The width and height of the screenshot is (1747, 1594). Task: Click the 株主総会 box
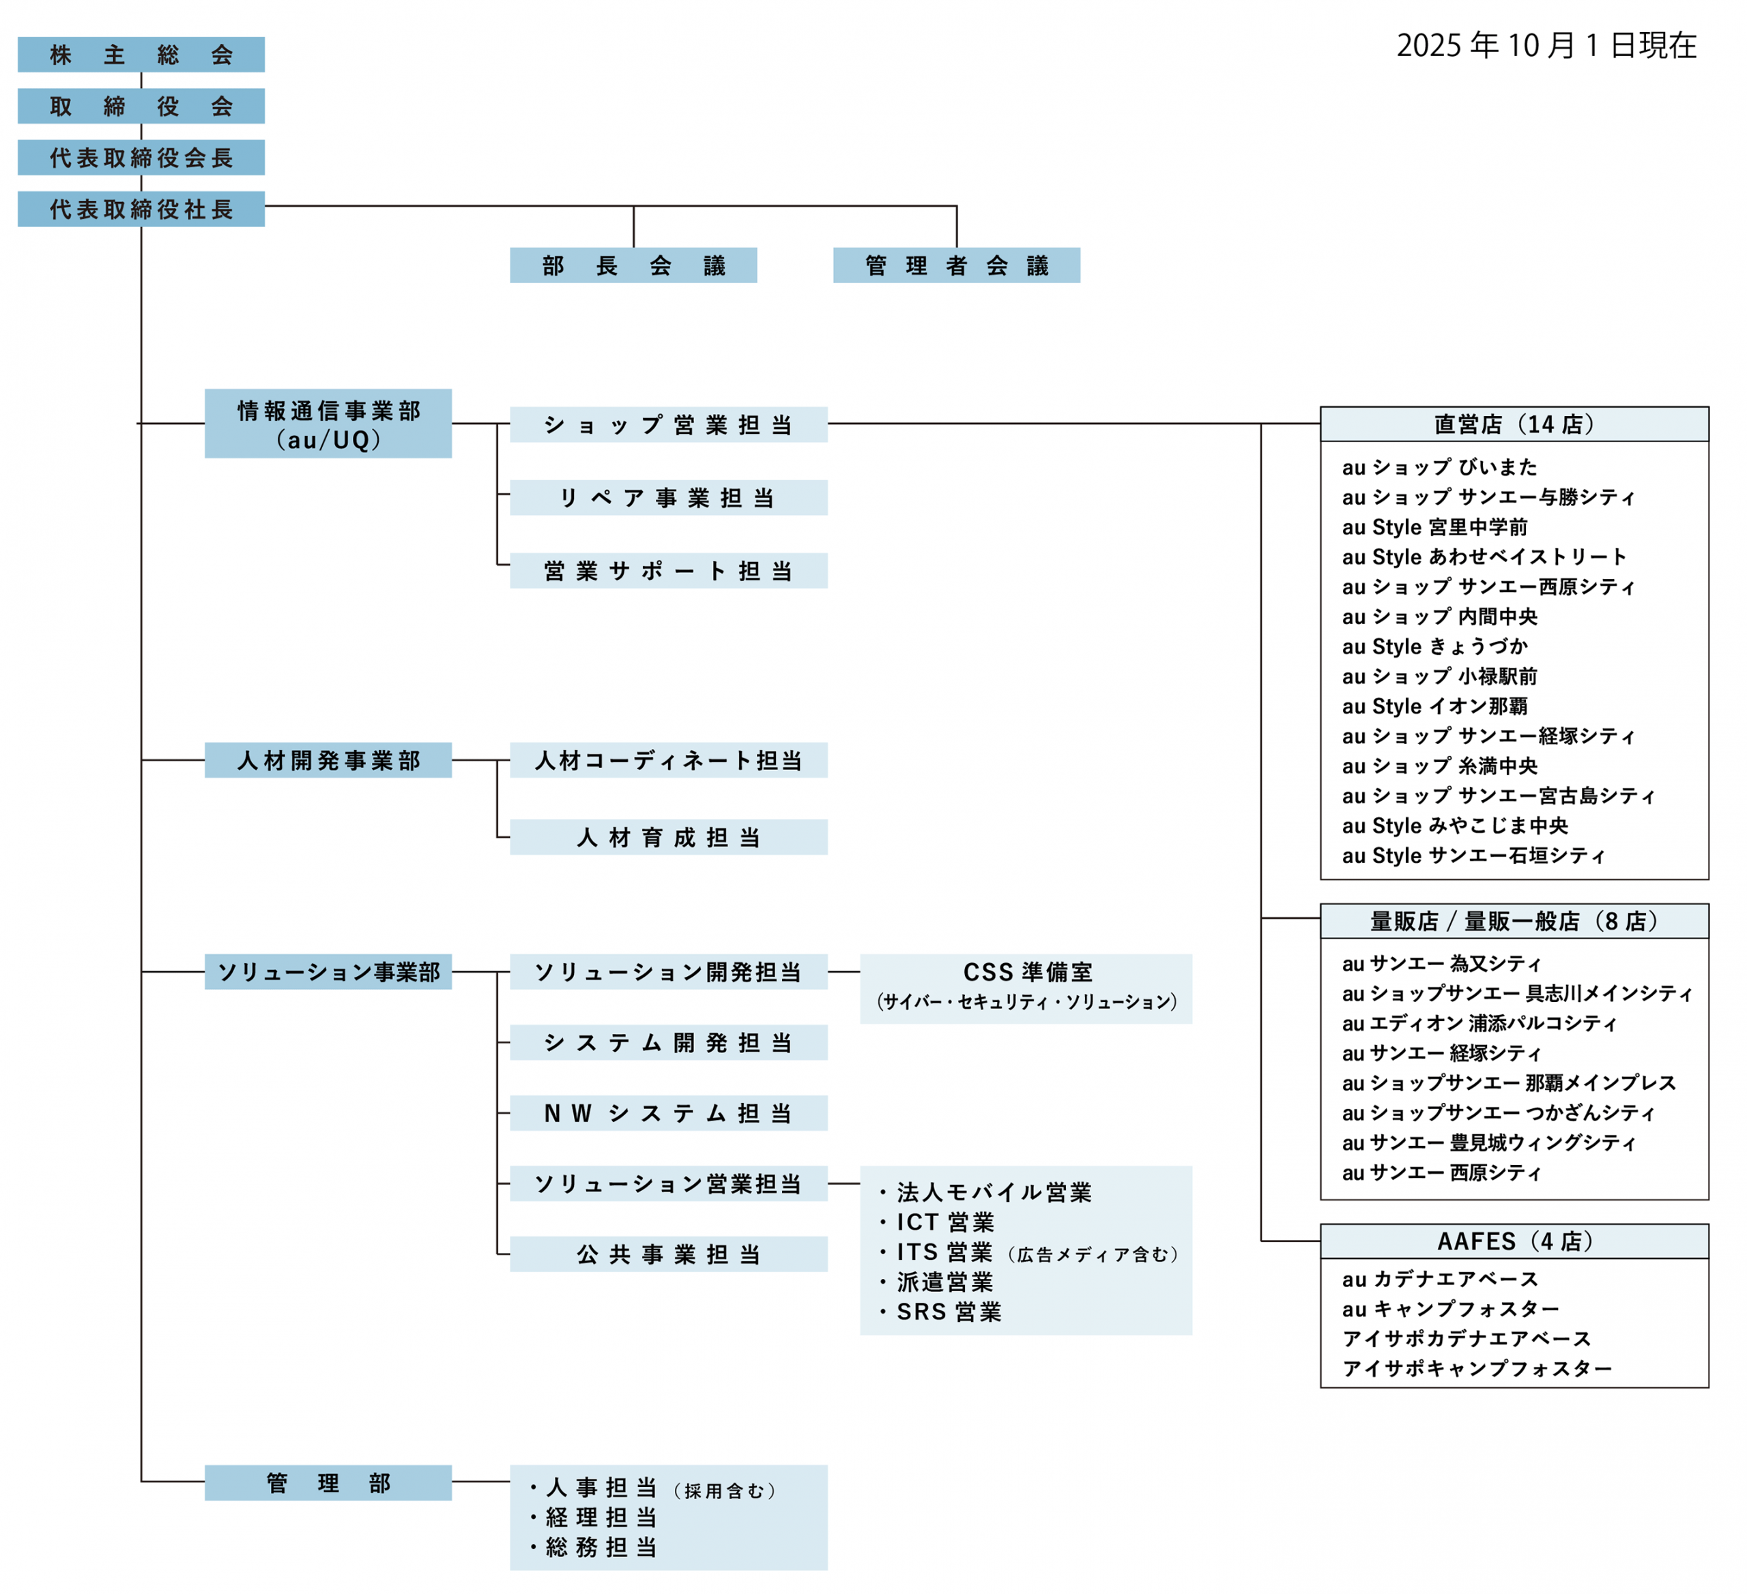141,55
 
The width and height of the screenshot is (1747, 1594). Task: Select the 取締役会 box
141,106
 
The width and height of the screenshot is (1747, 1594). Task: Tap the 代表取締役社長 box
141,209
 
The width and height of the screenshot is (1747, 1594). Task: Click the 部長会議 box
633,265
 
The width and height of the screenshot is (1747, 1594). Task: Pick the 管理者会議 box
956,265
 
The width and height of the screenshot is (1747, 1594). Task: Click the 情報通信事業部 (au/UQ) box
328,424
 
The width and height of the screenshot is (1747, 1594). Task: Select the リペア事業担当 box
668,498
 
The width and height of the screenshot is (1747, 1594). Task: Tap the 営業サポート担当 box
668,571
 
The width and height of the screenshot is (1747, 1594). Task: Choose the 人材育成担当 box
668,837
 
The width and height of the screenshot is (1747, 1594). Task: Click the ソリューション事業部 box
328,972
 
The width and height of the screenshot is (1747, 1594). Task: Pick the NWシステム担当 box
668,1113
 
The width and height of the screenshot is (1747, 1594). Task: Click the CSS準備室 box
1026,988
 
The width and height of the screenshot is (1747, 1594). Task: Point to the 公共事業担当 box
668,1254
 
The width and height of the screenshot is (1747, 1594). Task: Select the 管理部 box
328,1483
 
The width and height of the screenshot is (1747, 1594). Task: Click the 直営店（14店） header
1514,424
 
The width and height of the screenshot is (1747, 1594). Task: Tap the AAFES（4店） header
1514,1241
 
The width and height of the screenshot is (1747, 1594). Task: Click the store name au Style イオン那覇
1434,706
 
